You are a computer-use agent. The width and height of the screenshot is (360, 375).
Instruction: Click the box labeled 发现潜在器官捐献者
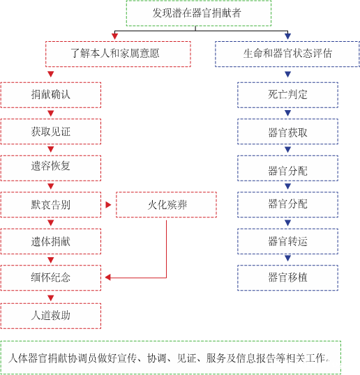point(199,13)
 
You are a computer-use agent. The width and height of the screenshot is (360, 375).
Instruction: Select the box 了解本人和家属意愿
point(118,54)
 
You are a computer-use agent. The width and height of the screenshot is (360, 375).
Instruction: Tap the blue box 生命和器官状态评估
point(287,54)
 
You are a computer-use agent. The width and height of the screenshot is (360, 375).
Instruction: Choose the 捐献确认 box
point(51,95)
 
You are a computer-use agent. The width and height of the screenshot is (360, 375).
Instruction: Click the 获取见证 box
point(51,132)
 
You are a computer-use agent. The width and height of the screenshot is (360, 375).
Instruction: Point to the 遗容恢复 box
point(51,168)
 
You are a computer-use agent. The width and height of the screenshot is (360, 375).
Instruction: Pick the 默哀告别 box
point(51,205)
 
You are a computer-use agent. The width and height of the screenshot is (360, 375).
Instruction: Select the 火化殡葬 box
point(166,205)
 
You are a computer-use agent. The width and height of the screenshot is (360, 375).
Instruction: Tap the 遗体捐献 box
point(51,241)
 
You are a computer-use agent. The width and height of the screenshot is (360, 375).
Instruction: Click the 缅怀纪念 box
point(51,278)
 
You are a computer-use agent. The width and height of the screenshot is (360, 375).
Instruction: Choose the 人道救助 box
point(51,316)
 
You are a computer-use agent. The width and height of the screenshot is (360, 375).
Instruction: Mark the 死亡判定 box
point(287,95)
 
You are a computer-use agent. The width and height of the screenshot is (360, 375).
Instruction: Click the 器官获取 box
point(287,132)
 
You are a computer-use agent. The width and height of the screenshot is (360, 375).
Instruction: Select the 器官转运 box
point(287,241)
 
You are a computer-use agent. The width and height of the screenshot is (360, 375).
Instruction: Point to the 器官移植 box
point(287,278)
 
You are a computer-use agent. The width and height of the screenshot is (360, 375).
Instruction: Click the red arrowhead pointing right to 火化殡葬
point(108,205)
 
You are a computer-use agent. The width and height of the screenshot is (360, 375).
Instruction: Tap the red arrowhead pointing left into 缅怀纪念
point(107,277)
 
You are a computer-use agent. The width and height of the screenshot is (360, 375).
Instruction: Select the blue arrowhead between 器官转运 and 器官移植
point(287,258)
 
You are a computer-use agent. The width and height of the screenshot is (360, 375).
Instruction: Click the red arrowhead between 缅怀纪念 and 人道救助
point(51,298)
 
